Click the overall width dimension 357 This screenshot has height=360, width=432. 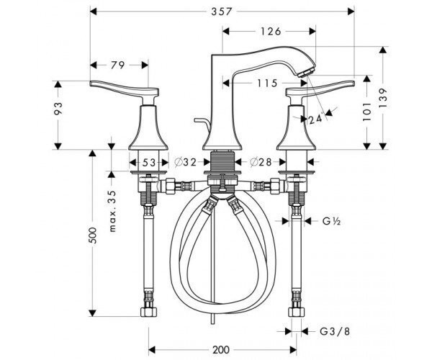222,12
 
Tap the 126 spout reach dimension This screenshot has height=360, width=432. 271,32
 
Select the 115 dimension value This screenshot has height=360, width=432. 267,83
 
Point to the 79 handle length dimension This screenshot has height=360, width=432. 117,66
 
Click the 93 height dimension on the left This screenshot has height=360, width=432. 58,108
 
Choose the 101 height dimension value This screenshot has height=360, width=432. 366,112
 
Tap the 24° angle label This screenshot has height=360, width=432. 316,119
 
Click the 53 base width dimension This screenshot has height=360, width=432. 149,163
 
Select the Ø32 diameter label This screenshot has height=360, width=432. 186,162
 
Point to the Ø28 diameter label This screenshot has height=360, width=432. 261,162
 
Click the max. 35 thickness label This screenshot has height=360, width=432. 113,211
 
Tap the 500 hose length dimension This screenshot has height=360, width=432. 94,235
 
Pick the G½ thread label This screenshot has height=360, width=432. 331,221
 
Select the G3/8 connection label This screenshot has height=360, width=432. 335,331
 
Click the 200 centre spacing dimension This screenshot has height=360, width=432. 221,350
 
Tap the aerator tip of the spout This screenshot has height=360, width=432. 304,73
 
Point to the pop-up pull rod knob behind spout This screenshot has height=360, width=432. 201,122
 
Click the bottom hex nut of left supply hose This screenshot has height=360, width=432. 149,312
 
